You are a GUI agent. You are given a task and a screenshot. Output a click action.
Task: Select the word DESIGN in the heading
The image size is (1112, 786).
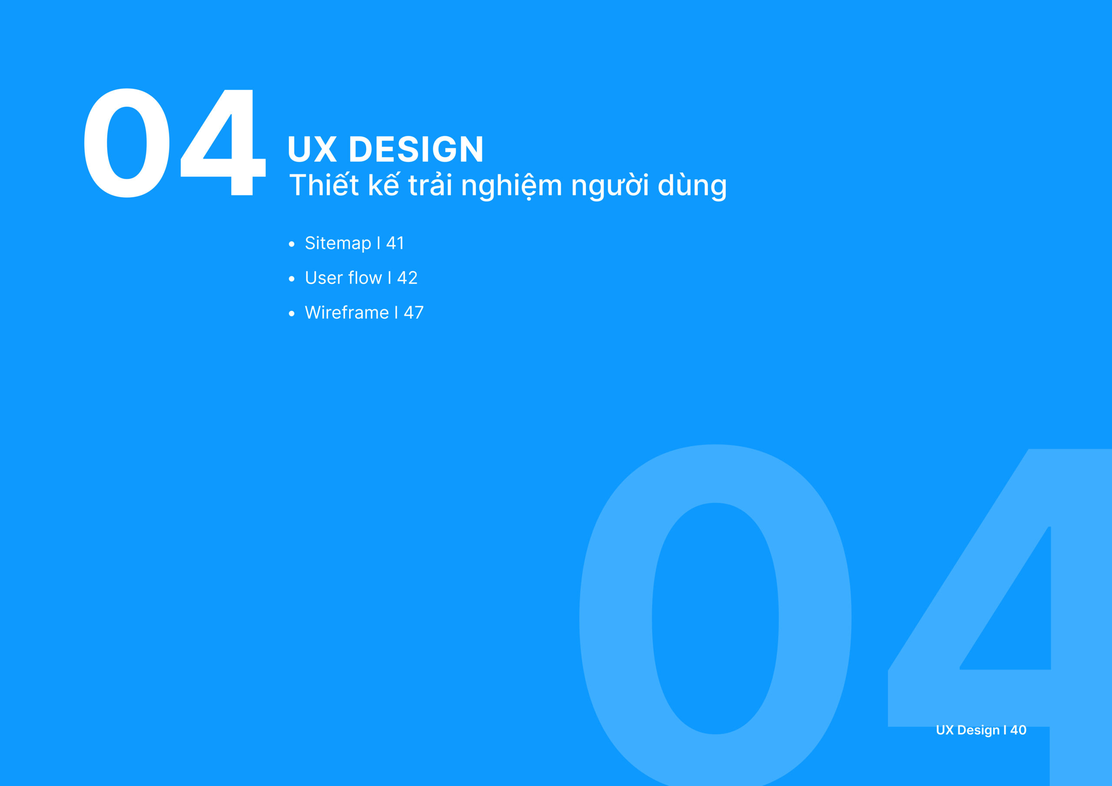tap(416, 149)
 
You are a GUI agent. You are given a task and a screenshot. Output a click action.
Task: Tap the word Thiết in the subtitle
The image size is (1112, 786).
tap(324, 184)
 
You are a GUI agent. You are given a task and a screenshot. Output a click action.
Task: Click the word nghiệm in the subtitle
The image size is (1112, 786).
tap(511, 186)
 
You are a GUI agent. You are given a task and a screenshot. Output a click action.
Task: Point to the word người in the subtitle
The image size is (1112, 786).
tap(610, 186)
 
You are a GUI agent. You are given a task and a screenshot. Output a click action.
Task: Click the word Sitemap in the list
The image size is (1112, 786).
tap(338, 244)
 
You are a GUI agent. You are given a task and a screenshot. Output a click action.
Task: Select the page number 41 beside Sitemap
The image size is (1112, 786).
tap(395, 243)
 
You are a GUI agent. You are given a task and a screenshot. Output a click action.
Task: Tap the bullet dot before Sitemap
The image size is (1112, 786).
tap(291, 244)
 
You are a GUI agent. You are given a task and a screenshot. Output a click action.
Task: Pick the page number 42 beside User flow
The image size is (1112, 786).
tap(407, 278)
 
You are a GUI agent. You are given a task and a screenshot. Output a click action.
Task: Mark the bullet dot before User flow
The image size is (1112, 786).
tap(291, 279)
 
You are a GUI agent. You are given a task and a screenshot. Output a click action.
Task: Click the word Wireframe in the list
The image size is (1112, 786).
tap(347, 312)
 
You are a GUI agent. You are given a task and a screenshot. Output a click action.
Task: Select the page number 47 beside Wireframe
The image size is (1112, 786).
tap(414, 312)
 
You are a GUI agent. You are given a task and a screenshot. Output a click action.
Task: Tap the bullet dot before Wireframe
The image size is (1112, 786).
tap(291, 314)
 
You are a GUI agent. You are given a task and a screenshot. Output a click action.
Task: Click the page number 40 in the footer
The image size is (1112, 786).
tap(1018, 730)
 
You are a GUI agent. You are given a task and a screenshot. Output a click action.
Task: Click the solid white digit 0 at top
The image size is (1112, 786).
tap(127, 143)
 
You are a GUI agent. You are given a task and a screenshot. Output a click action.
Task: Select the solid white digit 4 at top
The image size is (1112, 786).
tap(223, 143)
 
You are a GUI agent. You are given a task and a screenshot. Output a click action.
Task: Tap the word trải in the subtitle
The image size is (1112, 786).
tap(430, 184)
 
